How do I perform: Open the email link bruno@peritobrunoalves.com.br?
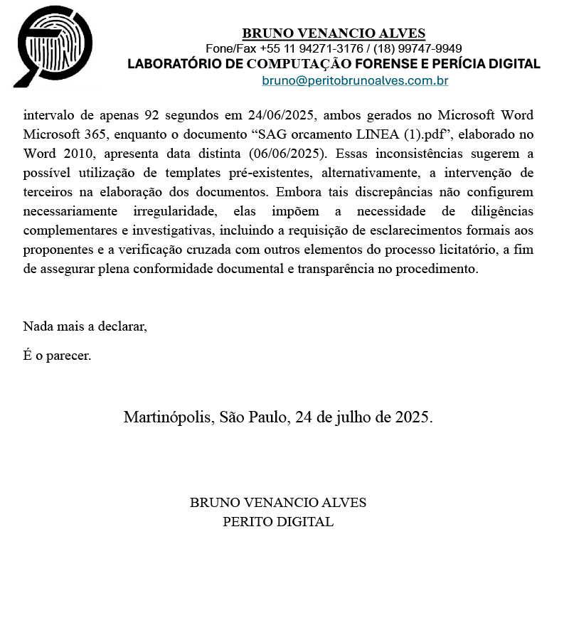355,81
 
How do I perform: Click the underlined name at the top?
334,33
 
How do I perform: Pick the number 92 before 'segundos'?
151,115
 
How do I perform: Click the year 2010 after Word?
72,154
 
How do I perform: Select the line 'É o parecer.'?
57,355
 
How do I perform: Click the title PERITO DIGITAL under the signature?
278,521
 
